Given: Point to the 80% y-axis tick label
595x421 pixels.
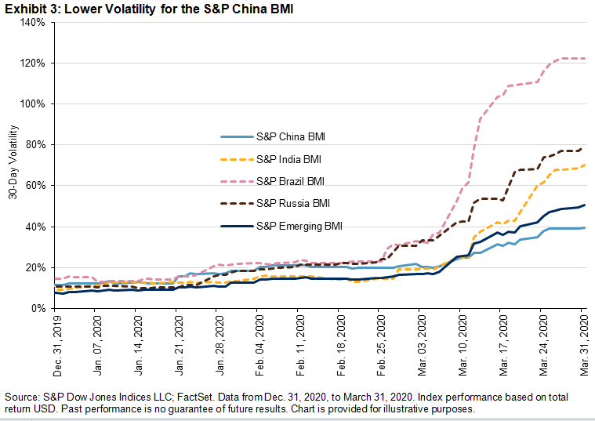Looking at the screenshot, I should tap(37, 145).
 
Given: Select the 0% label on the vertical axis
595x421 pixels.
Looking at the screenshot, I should tap(40, 309).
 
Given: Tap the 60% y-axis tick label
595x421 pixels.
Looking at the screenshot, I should tap(37, 186).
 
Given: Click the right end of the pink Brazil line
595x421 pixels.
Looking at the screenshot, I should tap(585, 59).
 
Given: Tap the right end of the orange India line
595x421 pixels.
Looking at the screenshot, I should tap(585, 165).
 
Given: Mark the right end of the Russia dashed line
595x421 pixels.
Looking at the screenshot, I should tap(585, 147).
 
